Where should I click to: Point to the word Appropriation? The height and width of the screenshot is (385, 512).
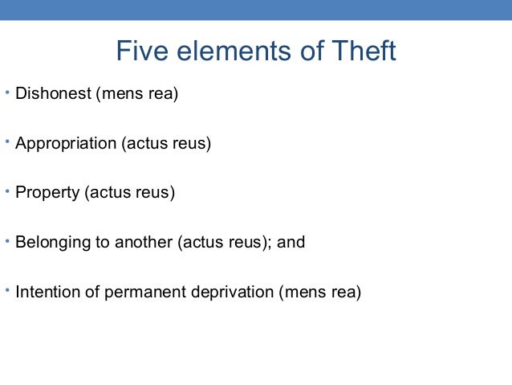tap(66, 145)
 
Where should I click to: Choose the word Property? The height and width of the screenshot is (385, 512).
tap(46, 194)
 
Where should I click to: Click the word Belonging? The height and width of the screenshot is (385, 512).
tap(51, 242)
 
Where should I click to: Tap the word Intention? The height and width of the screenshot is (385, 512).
tap(47, 291)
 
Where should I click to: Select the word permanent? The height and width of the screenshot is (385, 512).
tap(148, 291)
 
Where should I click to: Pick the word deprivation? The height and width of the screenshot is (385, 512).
tap(232, 291)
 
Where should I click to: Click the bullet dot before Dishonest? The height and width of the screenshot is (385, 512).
tap(6, 93)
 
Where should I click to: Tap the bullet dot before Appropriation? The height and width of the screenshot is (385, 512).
tap(6, 142)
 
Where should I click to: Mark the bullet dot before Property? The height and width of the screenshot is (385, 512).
tap(6, 191)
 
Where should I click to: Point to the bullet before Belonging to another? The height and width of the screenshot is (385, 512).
tap(6, 240)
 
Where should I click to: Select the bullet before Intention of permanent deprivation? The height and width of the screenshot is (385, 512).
tap(6, 289)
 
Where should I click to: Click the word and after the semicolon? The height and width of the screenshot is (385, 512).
tap(292, 242)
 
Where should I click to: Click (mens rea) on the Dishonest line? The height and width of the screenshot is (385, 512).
tap(137, 96)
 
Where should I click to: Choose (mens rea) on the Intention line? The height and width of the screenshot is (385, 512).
tap(320, 291)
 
